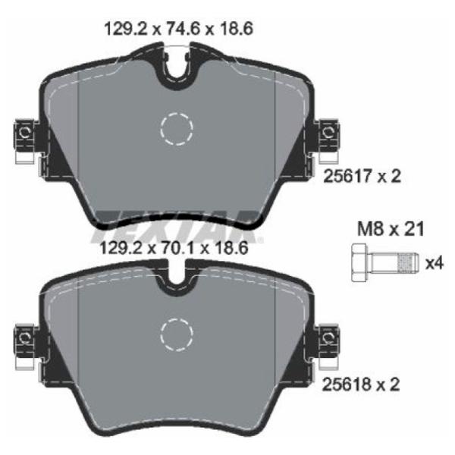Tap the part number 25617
(347, 176)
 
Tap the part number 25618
(347, 384)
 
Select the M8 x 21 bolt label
(391, 229)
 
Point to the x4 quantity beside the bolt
(435, 264)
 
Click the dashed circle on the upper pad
(177, 129)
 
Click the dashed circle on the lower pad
(177, 335)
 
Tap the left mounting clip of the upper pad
(26, 140)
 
